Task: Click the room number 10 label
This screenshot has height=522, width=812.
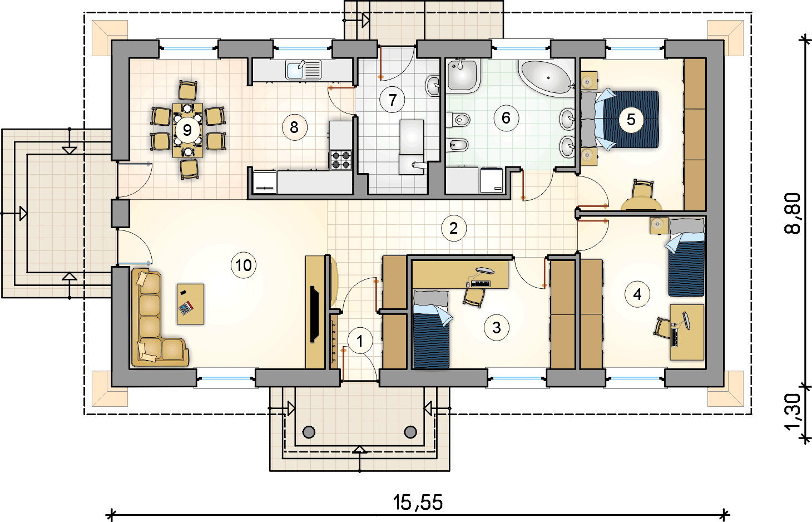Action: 244,265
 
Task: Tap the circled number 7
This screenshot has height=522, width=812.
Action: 392,100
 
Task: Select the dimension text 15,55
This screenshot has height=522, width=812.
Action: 418,503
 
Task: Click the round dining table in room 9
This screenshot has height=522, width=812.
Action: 187,130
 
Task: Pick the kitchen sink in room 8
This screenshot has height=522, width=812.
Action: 304,70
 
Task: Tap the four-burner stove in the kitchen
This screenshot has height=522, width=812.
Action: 340,160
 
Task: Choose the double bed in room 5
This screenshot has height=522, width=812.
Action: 620,119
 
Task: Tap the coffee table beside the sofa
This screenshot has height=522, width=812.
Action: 190,304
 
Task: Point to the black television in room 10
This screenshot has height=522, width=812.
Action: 314,314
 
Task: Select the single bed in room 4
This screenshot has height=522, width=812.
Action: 686,257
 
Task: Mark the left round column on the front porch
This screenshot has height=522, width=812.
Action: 309,432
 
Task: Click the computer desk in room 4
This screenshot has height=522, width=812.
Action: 687,332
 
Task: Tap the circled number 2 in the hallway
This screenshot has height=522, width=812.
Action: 453,228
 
